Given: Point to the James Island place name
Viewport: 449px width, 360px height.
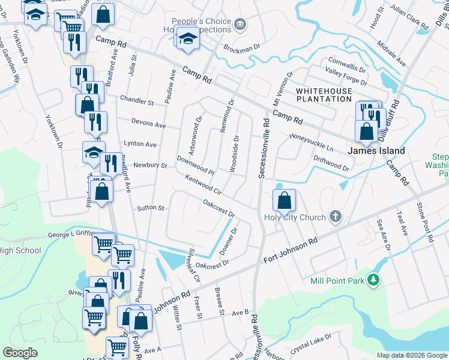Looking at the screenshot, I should pyautogui.click(x=377, y=151).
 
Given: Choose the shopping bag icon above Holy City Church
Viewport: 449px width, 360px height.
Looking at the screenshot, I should pyautogui.click(x=285, y=200).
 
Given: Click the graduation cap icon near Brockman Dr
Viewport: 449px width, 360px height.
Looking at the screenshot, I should pyautogui.click(x=188, y=37).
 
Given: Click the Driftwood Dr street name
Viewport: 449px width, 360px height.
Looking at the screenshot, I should pyautogui.click(x=331, y=163).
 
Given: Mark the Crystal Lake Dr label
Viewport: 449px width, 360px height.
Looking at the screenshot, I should pyautogui.click(x=310, y=342).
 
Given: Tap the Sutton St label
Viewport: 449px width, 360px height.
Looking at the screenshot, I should pyautogui.click(x=151, y=208).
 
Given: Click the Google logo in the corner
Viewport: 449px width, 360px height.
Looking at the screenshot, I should pyautogui.click(x=20, y=353).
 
